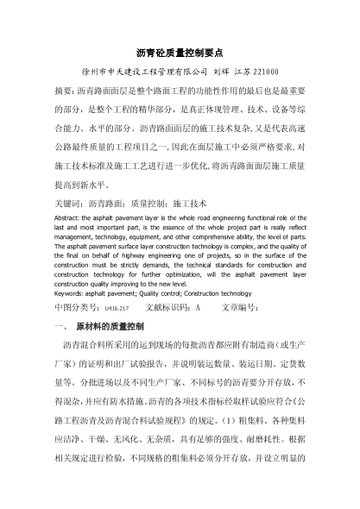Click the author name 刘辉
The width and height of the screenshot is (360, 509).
click(x=224, y=73)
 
